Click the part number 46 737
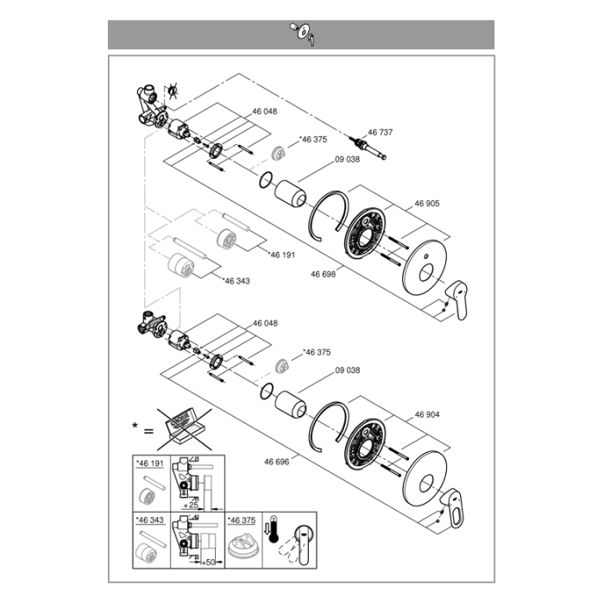(381, 133)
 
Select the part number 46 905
(427, 204)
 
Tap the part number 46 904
(427, 415)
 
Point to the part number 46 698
(324, 274)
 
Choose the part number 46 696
(277, 462)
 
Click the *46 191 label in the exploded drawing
(282, 255)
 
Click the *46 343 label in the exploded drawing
(236, 281)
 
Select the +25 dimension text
(191, 505)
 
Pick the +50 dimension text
(208, 563)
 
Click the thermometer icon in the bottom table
(273, 529)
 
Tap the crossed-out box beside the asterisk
(185, 429)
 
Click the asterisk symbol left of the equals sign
(135, 425)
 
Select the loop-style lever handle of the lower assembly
(453, 508)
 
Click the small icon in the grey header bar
(304, 34)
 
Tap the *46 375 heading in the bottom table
(242, 520)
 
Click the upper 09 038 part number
(348, 160)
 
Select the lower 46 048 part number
(265, 324)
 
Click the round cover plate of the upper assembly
(425, 267)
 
